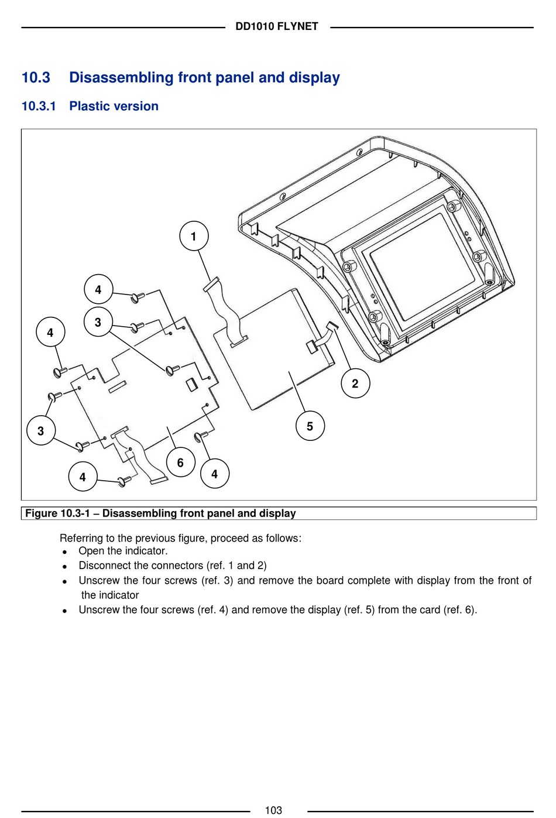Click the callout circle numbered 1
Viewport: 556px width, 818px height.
click(x=194, y=236)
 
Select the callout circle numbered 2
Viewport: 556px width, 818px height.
click(x=355, y=384)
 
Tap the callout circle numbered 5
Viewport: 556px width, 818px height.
click(x=310, y=426)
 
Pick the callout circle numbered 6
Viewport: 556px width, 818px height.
click(x=180, y=463)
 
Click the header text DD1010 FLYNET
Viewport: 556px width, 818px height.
click(x=277, y=26)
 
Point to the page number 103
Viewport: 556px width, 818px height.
click(x=273, y=810)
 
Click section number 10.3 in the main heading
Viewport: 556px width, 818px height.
click(x=36, y=77)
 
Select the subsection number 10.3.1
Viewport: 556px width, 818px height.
click(x=39, y=106)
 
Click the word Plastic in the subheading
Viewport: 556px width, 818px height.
click(x=88, y=106)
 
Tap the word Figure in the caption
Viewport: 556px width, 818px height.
click(x=41, y=514)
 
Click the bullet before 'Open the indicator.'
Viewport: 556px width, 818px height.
click(x=64, y=552)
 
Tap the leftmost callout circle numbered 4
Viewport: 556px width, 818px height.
click(x=50, y=333)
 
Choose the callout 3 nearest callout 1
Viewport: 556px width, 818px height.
click(x=98, y=322)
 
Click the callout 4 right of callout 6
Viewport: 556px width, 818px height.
click(x=214, y=474)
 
